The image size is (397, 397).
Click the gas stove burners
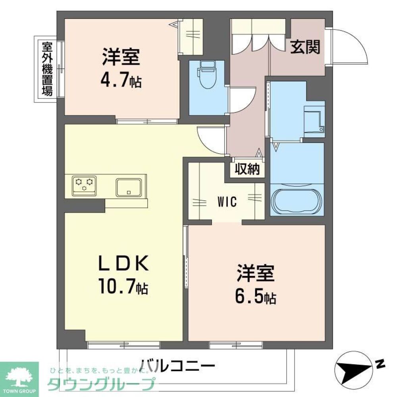[x=85, y=185]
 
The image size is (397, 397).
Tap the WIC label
[x=227, y=202]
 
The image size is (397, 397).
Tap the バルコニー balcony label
[x=177, y=365]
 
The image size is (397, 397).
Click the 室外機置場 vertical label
[x=47, y=69]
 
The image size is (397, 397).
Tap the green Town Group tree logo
[x=19, y=378]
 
